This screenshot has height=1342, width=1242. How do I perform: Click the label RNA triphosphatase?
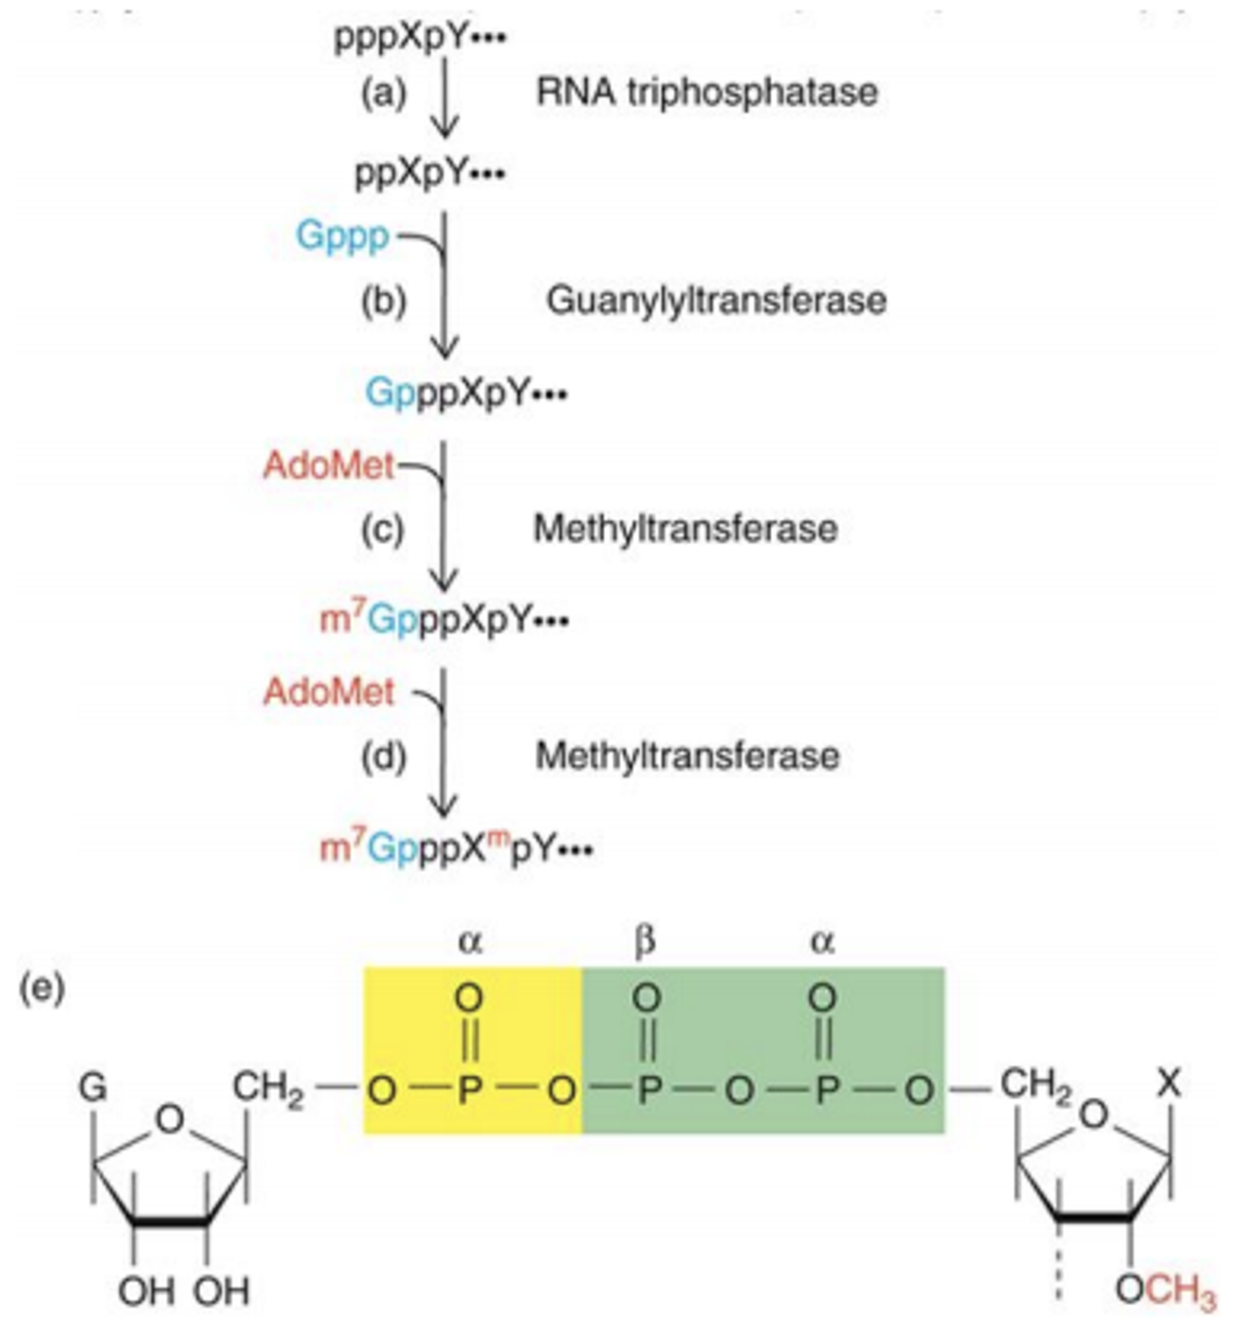(706, 92)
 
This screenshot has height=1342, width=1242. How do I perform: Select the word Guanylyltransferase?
(716, 301)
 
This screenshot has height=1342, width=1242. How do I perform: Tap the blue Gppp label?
(342, 235)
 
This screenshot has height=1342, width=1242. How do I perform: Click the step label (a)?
(383, 92)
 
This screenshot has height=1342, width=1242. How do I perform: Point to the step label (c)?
(383, 528)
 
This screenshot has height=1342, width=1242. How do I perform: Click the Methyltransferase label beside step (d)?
(687, 756)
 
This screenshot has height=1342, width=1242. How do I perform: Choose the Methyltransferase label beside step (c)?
(685, 528)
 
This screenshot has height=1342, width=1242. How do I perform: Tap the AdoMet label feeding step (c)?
(328, 466)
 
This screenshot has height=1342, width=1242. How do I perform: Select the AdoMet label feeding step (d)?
(328, 691)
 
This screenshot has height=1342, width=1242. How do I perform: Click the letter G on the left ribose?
(93, 1087)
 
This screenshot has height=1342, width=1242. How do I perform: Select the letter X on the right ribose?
(1169, 1082)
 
